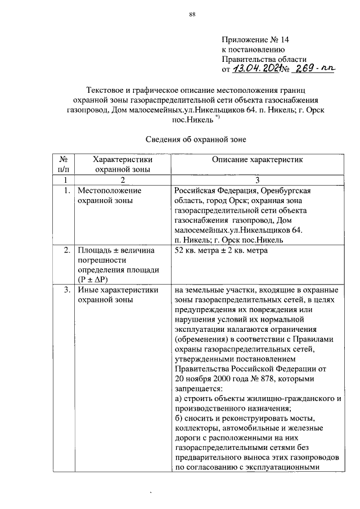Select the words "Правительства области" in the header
pos(264,59)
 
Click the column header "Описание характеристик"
pos(257,160)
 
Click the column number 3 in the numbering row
pos(257,180)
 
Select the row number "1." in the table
pos(66,191)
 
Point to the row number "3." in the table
pos(66,290)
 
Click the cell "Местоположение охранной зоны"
pos(110,195)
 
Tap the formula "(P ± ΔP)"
pos(93,280)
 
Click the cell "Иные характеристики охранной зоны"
pos(118,295)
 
